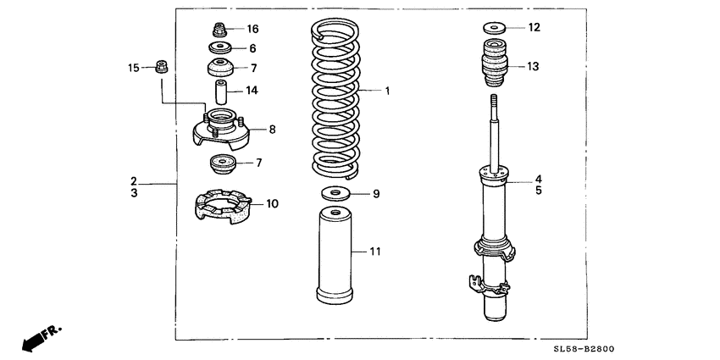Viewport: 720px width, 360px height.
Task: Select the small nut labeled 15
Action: pos(160,67)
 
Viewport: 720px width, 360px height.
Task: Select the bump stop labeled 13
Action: pos(496,66)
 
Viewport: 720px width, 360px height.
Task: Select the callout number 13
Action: pos(532,66)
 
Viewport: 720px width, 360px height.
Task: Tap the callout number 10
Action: pos(272,203)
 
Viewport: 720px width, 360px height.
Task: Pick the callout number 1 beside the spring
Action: pos(387,90)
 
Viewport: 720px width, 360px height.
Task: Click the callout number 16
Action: pos(252,29)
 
